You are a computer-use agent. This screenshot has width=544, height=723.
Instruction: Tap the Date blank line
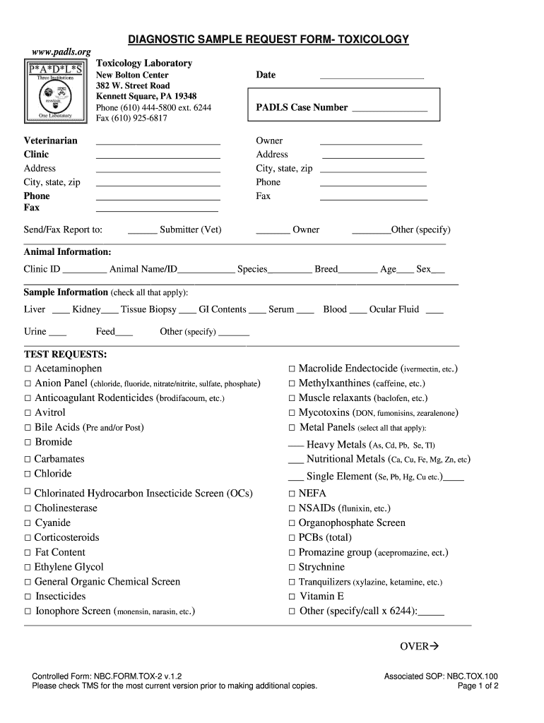(x=372, y=76)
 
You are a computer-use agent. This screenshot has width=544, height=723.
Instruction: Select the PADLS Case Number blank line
(x=389, y=110)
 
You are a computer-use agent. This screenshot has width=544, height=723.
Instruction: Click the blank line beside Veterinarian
(x=158, y=143)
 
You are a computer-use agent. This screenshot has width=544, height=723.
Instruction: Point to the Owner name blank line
(x=371, y=143)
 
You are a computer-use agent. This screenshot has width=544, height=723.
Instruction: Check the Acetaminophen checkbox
(x=28, y=369)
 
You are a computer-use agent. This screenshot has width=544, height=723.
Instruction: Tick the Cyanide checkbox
(x=28, y=523)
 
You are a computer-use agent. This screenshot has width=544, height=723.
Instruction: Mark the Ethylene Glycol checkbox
(x=28, y=568)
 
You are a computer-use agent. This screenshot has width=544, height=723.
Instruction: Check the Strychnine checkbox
(x=291, y=568)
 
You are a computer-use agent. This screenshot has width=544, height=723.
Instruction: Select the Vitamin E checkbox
(x=291, y=597)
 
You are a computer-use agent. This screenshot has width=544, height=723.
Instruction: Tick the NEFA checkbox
(x=291, y=494)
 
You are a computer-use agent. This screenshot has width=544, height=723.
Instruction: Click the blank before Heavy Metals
(x=296, y=446)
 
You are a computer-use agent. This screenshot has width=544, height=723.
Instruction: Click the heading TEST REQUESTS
(x=65, y=354)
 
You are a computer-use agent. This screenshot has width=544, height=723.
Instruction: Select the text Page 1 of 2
(x=478, y=686)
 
